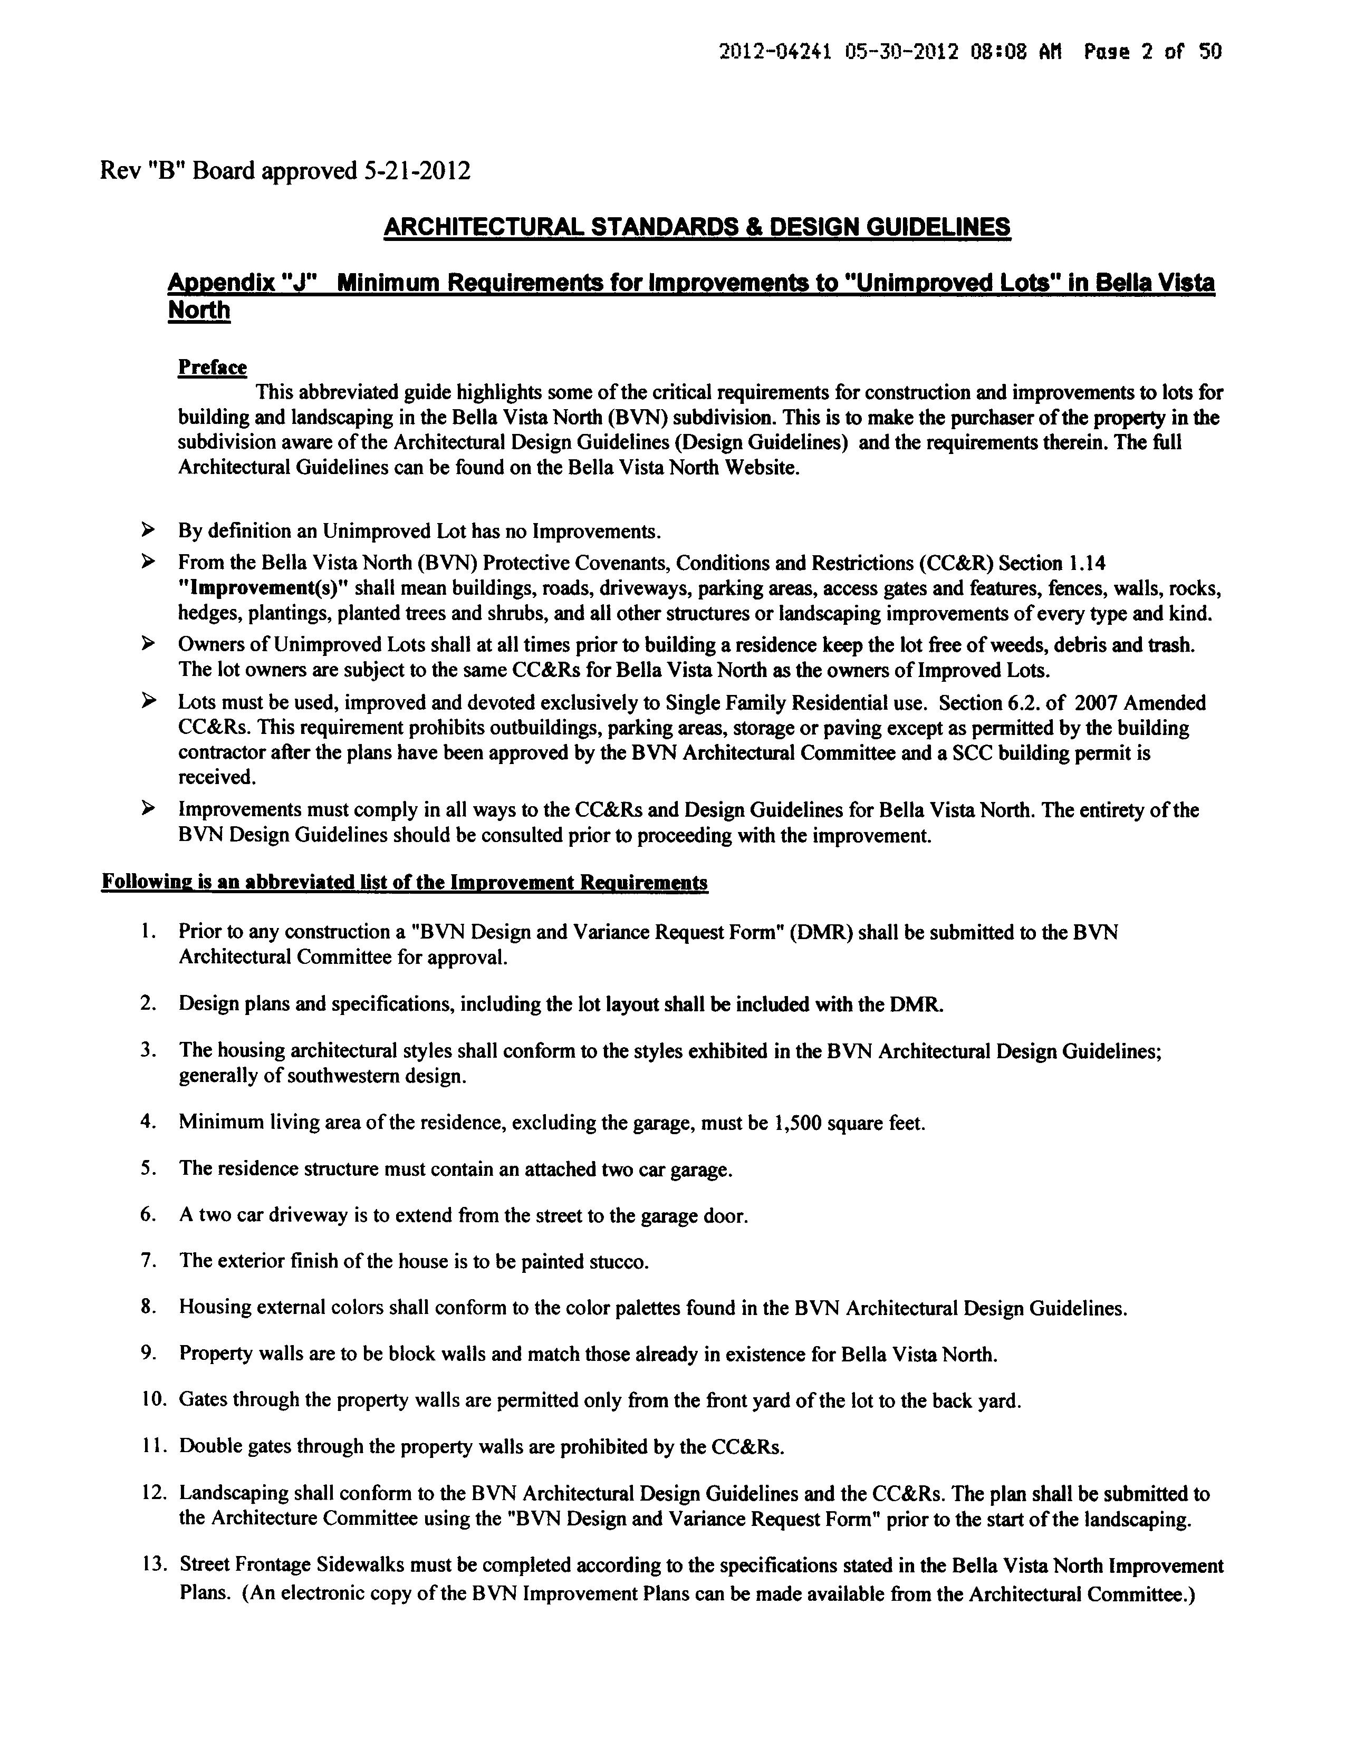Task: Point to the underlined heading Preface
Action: click(212, 368)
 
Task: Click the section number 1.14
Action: click(1085, 563)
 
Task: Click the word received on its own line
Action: click(216, 777)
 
